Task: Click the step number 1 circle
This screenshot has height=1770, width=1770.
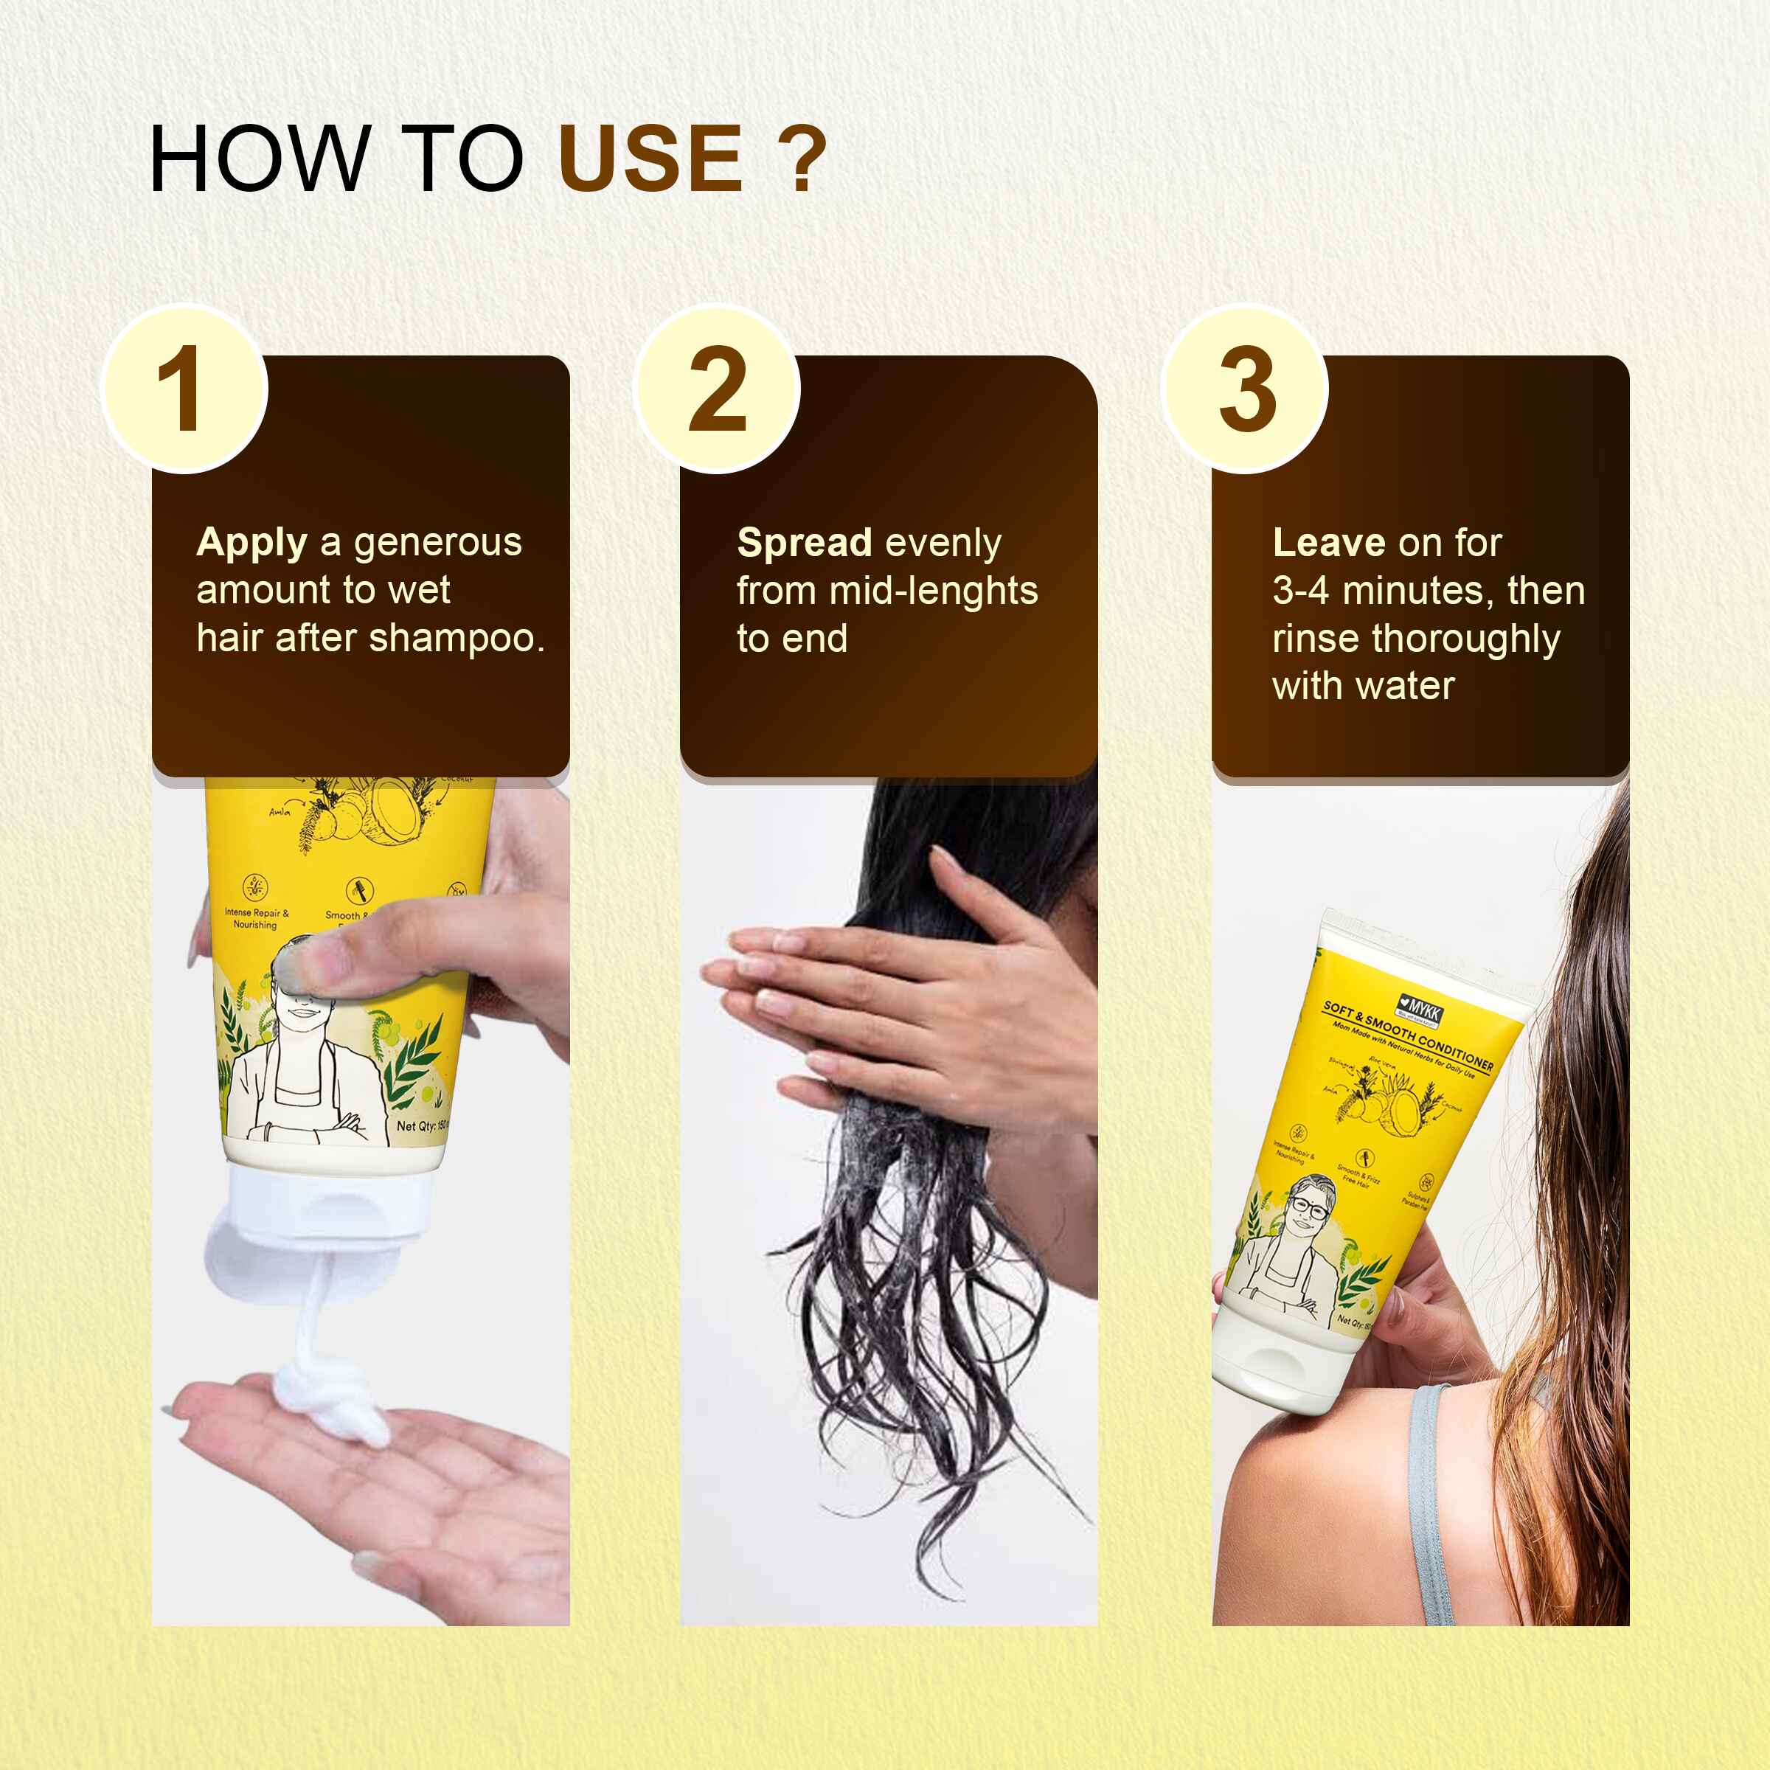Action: [x=185, y=389]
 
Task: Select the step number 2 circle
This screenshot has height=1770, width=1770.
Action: [x=718, y=389]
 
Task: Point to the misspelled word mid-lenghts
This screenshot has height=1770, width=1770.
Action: [x=933, y=591]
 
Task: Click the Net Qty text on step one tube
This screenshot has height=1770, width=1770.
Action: [x=420, y=1126]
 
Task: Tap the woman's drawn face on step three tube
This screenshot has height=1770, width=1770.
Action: [x=1310, y=1207]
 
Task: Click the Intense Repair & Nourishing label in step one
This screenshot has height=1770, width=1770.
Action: [x=256, y=918]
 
